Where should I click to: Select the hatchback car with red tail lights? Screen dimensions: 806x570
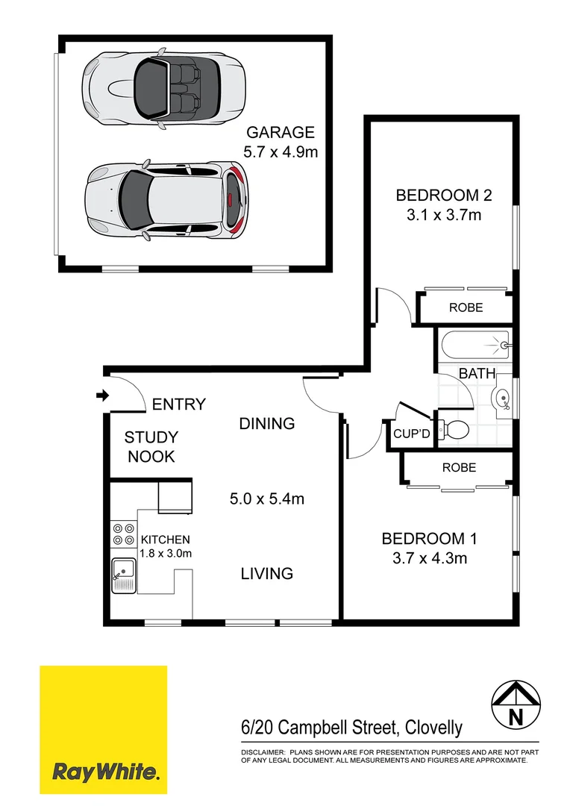click(166, 199)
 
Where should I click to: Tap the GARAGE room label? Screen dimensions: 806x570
click(281, 133)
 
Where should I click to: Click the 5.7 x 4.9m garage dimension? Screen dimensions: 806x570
click(281, 152)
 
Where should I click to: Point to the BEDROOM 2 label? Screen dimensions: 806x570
click(444, 196)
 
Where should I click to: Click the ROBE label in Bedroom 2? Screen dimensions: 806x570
click(466, 307)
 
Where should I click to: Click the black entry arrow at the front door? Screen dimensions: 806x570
click(101, 395)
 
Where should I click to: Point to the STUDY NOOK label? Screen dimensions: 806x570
click(151, 447)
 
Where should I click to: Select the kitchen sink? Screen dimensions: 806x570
click(124, 575)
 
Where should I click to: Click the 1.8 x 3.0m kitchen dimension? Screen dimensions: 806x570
click(166, 553)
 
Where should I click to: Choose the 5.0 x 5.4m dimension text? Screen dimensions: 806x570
click(266, 499)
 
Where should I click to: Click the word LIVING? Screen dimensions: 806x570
click(266, 573)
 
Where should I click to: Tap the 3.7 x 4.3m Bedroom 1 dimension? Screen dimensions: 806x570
click(429, 557)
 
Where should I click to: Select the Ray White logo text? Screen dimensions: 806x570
click(104, 771)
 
